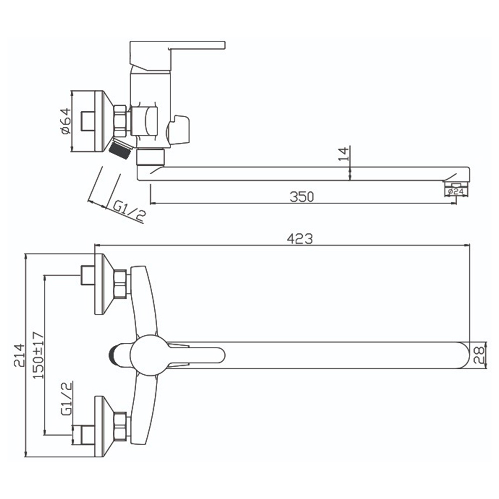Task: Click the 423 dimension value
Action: (300, 239)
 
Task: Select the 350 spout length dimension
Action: (302, 197)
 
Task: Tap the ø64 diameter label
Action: (65, 121)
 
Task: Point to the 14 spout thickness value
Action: (344, 154)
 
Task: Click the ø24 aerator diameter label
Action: (456, 191)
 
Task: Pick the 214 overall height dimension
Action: (19, 355)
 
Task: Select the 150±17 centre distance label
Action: (38, 355)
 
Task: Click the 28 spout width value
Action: (479, 355)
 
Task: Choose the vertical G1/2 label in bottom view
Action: (66, 398)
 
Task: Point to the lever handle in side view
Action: (177, 56)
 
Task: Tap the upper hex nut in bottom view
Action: (120, 284)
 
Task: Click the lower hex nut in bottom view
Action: (120, 427)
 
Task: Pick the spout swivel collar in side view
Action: (151, 157)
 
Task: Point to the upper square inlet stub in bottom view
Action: (87, 275)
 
